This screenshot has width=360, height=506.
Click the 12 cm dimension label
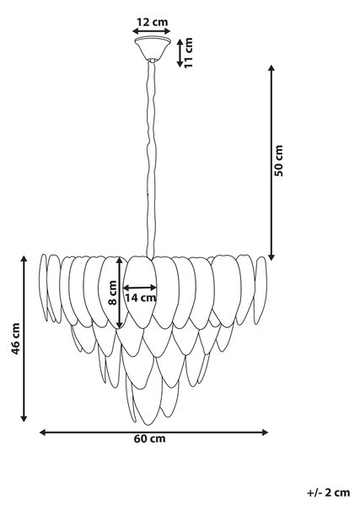pyautogui.click(x=153, y=22)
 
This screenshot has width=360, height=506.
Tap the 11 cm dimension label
pyautogui.click(x=188, y=52)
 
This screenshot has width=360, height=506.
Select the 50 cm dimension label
pyautogui.click(x=279, y=160)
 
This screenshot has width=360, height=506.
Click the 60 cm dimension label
pyautogui.click(x=150, y=439)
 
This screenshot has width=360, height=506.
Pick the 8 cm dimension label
pyautogui.click(x=113, y=293)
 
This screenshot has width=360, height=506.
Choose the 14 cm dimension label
pyautogui.click(x=140, y=298)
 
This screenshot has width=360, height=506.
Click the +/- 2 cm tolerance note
pyautogui.click(x=329, y=493)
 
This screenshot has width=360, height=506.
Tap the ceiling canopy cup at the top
pyautogui.click(x=153, y=49)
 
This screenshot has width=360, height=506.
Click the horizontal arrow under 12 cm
pyautogui.click(x=152, y=31)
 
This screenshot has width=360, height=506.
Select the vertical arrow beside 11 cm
pyautogui.click(x=180, y=52)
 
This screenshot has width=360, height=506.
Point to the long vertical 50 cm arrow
pyautogui.click(x=271, y=163)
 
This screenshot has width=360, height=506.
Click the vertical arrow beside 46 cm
pyautogui.click(x=24, y=338)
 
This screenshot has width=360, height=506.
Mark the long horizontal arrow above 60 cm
pyautogui.click(x=153, y=433)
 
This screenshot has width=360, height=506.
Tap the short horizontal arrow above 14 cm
pyautogui.click(x=140, y=288)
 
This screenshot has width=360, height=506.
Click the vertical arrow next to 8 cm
pyautogui.click(x=120, y=293)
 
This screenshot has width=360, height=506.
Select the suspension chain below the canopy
pyautogui.click(x=151, y=159)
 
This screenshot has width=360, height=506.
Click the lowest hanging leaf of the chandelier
pyautogui.click(x=147, y=401)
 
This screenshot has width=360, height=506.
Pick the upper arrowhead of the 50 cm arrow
pyautogui.click(x=271, y=67)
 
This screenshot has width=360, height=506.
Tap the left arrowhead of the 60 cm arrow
pyautogui.click(x=42, y=433)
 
